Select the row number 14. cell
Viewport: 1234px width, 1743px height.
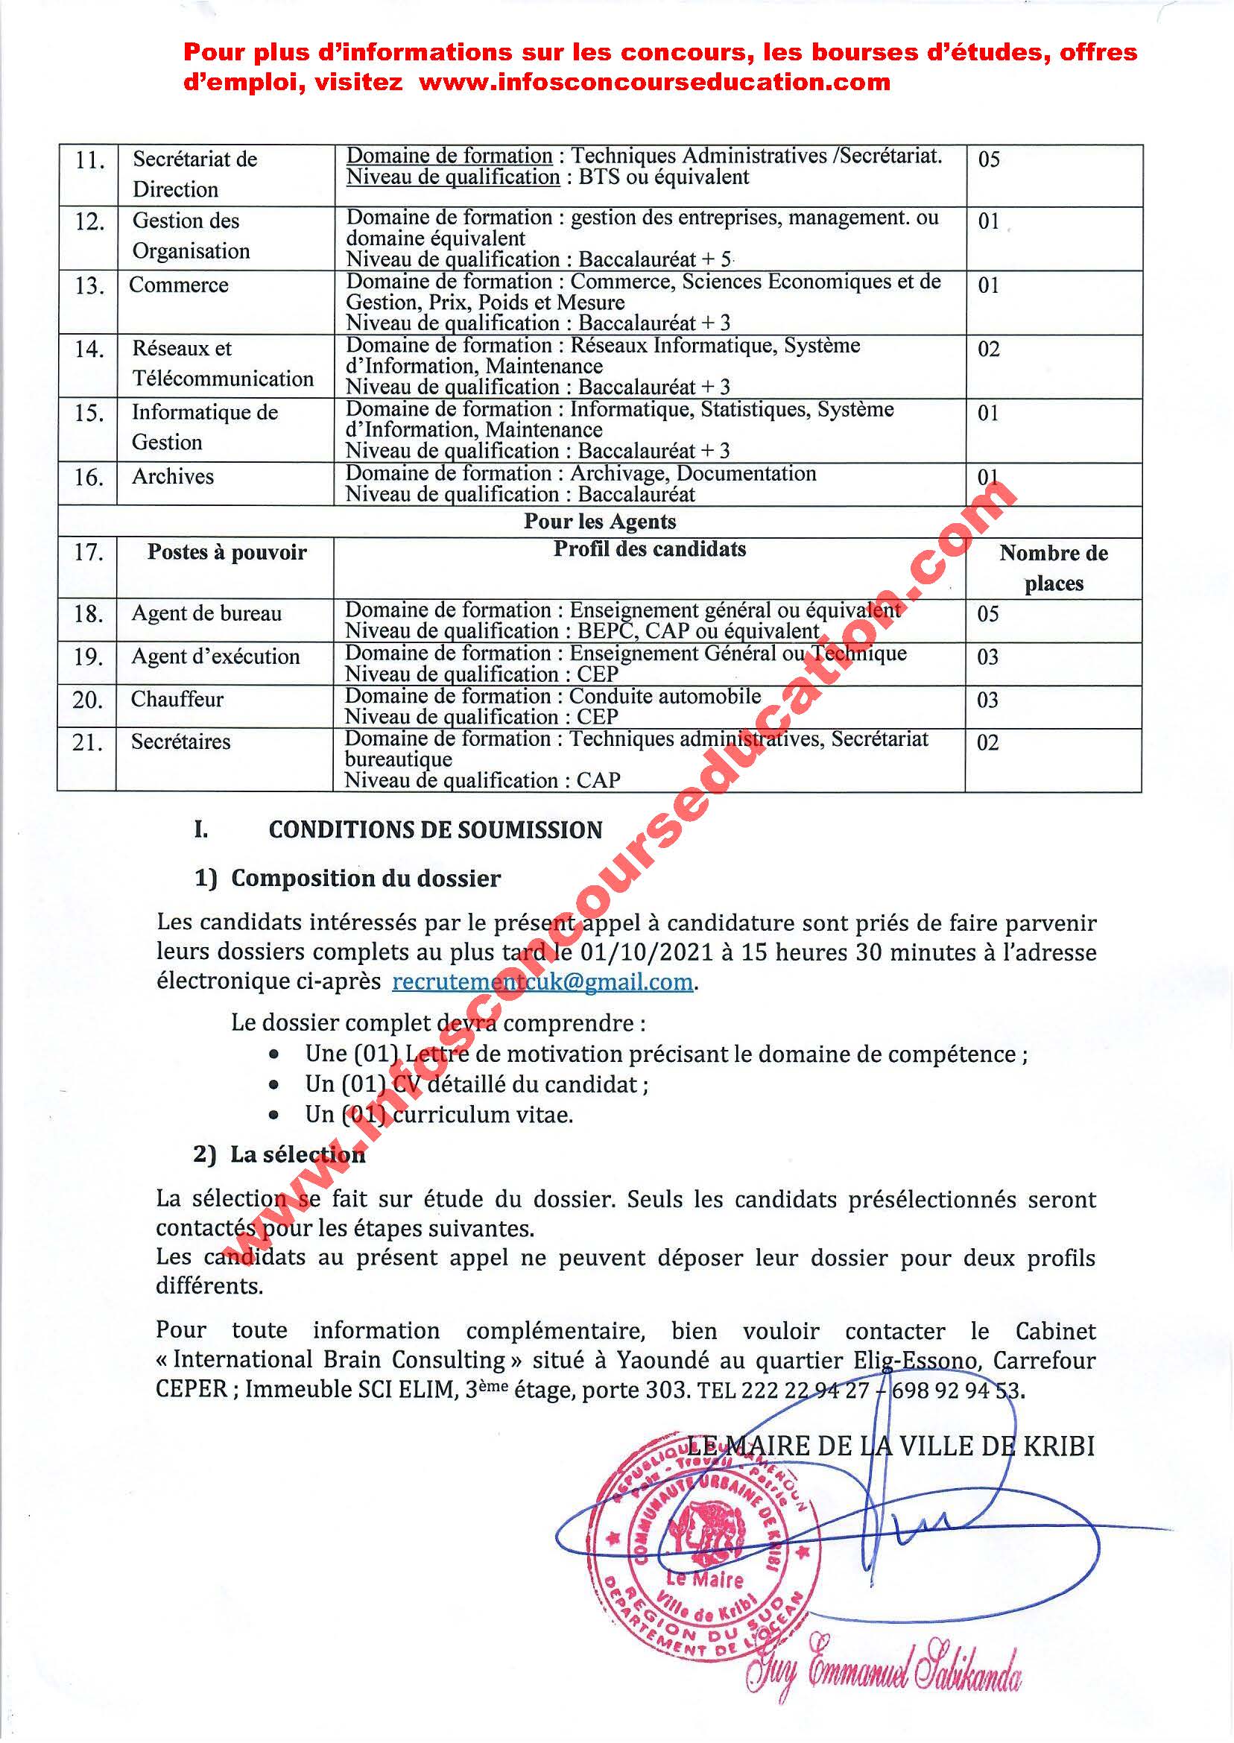pyautogui.click(x=88, y=349)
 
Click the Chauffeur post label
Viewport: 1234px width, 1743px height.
pyautogui.click(x=177, y=699)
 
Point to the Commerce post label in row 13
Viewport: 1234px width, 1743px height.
pyautogui.click(x=179, y=285)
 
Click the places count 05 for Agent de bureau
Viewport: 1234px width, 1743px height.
pyautogui.click(x=988, y=614)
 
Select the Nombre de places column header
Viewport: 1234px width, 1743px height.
pyautogui.click(x=1053, y=568)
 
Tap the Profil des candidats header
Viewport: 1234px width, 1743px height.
pyautogui.click(x=650, y=549)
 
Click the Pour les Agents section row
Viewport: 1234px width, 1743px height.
pyautogui.click(x=600, y=522)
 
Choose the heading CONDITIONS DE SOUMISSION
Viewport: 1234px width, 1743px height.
pyautogui.click(x=435, y=829)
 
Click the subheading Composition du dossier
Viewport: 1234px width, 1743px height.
pyautogui.click(x=365, y=879)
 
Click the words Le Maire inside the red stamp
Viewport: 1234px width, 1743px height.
pyautogui.click(x=703, y=1581)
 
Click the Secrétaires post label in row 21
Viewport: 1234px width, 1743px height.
pyautogui.click(x=181, y=741)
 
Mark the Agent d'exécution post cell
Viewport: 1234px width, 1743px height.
pyautogui.click(x=216, y=657)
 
